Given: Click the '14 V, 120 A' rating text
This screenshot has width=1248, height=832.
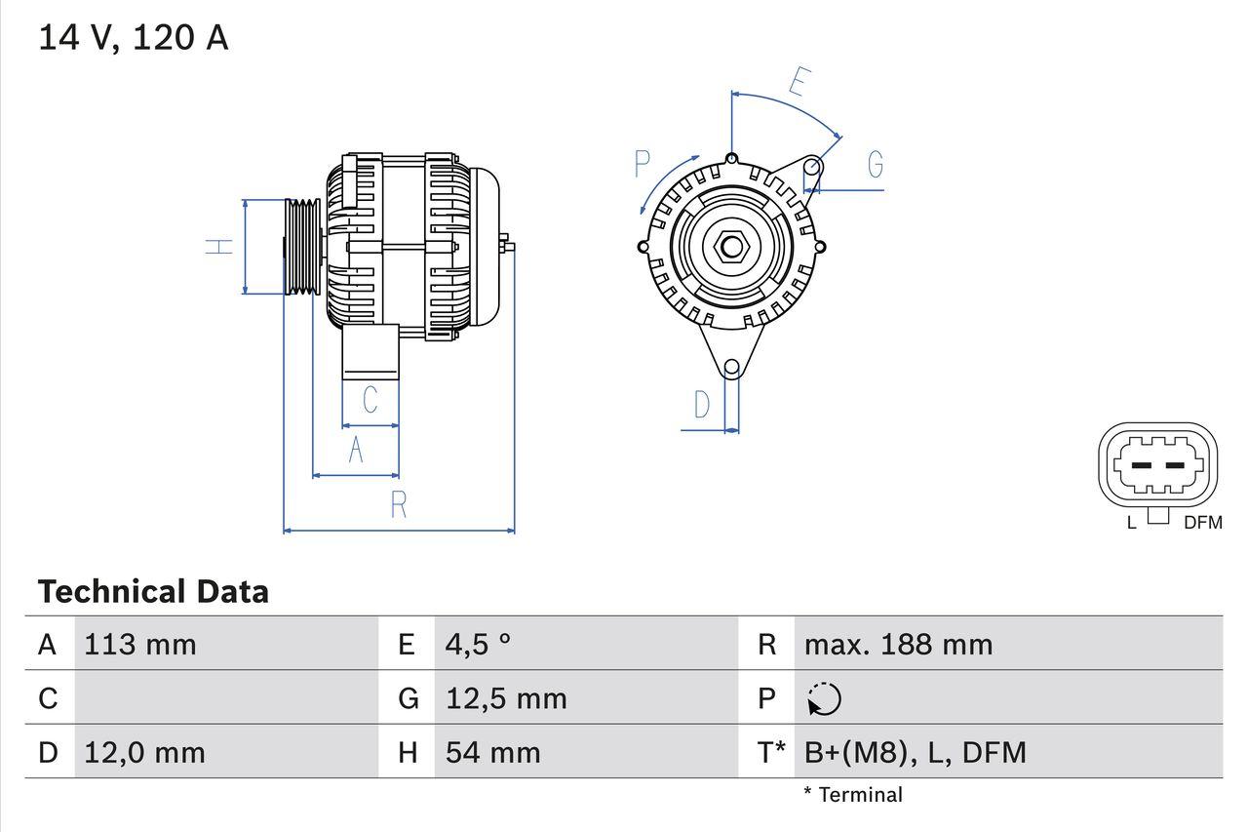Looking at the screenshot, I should (x=134, y=38).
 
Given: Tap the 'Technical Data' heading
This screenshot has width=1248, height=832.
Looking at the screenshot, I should (x=153, y=592).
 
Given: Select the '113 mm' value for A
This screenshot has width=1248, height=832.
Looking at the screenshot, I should (x=140, y=645).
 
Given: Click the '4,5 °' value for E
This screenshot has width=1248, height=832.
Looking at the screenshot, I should (x=479, y=645).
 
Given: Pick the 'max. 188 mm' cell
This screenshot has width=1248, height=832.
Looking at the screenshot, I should (x=898, y=645).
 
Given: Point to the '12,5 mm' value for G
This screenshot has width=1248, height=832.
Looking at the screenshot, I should (x=506, y=698).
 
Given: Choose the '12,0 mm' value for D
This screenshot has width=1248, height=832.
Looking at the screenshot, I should (x=144, y=753).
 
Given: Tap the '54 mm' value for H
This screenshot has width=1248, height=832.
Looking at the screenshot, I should (x=492, y=753).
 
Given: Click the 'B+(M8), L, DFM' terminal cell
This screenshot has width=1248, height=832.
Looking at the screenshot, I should (x=915, y=753).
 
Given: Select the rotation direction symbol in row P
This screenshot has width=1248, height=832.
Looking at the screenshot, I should (x=824, y=699).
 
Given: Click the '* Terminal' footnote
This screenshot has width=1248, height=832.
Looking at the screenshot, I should (x=853, y=795).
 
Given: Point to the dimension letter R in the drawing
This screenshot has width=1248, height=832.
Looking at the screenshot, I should (x=398, y=505).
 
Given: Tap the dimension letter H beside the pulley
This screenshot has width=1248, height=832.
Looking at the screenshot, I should (x=222, y=246).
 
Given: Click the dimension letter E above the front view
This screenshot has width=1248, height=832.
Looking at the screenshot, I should (x=798, y=83).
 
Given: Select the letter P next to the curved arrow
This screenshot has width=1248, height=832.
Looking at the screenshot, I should (x=642, y=164).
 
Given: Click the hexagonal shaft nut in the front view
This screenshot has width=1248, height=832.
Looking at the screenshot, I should (x=731, y=246).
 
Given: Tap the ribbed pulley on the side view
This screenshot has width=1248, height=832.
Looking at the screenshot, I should (x=302, y=246).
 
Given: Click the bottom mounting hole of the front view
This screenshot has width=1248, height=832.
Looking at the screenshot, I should (x=731, y=367).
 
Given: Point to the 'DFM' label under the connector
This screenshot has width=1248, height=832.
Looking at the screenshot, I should (x=1202, y=523).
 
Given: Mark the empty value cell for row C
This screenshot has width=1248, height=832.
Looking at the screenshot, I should (x=224, y=698).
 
